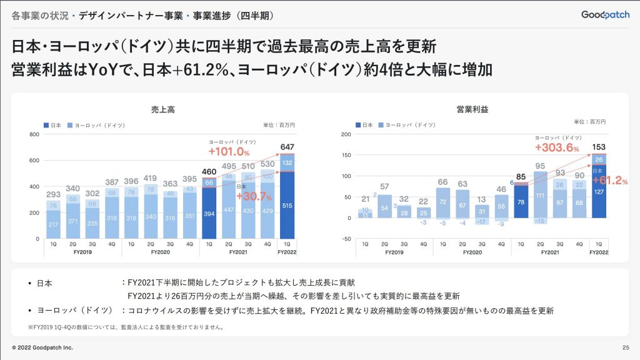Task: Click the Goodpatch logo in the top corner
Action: coord(604,14)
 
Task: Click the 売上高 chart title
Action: coord(163,109)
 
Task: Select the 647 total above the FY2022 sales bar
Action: coord(287,147)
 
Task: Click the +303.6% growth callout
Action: coord(556,148)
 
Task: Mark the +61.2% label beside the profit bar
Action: coord(610,181)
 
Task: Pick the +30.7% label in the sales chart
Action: coord(253,196)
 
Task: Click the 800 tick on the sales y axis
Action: coord(34,134)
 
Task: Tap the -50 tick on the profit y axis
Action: coord(346,239)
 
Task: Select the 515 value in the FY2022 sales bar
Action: coord(287,206)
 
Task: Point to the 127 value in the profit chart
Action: coord(598,192)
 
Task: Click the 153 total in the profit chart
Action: coord(599,147)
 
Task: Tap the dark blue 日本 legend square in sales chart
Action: coord(46,126)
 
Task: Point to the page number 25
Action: coord(625,347)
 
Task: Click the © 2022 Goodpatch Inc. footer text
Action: coord(42,347)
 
